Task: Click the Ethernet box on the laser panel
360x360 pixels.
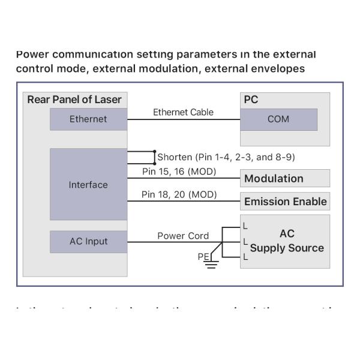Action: [x=88, y=119]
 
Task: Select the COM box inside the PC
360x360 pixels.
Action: [x=278, y=119]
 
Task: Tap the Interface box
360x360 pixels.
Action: [x=88, y=184]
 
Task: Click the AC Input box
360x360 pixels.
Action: [x=88, y=241]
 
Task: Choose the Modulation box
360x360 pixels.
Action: [x=285, y=178]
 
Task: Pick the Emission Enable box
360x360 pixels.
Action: [x=285, y=201]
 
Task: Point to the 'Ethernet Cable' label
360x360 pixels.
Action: [x=183, y=112]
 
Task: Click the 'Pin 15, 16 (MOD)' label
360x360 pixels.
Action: [x=179, y=172]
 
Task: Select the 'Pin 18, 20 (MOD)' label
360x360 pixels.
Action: [x=179, y=194]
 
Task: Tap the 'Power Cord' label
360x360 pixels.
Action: [x=183, y=236]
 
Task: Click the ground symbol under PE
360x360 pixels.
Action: [x=211, y=263]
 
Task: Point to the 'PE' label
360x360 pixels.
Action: [x=202, y=257]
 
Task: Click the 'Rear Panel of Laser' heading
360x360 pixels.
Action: [x=74, y=100]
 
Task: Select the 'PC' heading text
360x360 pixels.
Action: [x=251, y=100]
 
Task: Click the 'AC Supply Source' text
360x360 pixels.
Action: [x=287, y=241]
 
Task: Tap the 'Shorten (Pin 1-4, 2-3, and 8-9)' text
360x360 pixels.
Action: [x=226, y=157]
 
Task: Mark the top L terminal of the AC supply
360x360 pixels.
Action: [x=245, y=227]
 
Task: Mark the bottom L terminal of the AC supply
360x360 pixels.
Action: [x=245, y=257]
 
